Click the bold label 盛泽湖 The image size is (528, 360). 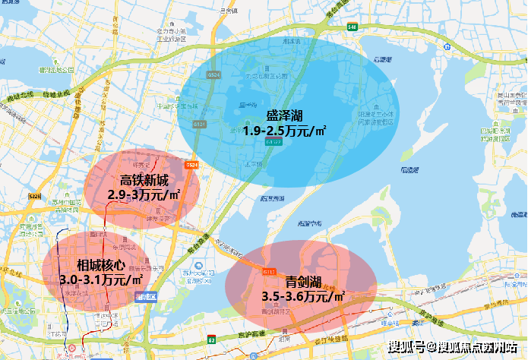click(x=285, y=115)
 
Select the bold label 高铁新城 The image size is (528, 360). click(x=144, y=181)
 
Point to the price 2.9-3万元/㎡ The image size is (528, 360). click(x=144, y=194)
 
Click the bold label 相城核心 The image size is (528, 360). click(x=101, y=265)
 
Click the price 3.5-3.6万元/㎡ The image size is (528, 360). click(x=303, y=295)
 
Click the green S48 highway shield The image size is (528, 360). click(x=352, y=27)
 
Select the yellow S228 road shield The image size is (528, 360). click(x=34, y=196)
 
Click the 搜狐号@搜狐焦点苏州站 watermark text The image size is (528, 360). click(x=455, y=348)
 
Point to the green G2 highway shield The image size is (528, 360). click(x=212, y=339)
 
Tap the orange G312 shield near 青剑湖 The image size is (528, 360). click(x=269, y=271)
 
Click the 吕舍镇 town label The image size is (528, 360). click(x=227, y=11)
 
